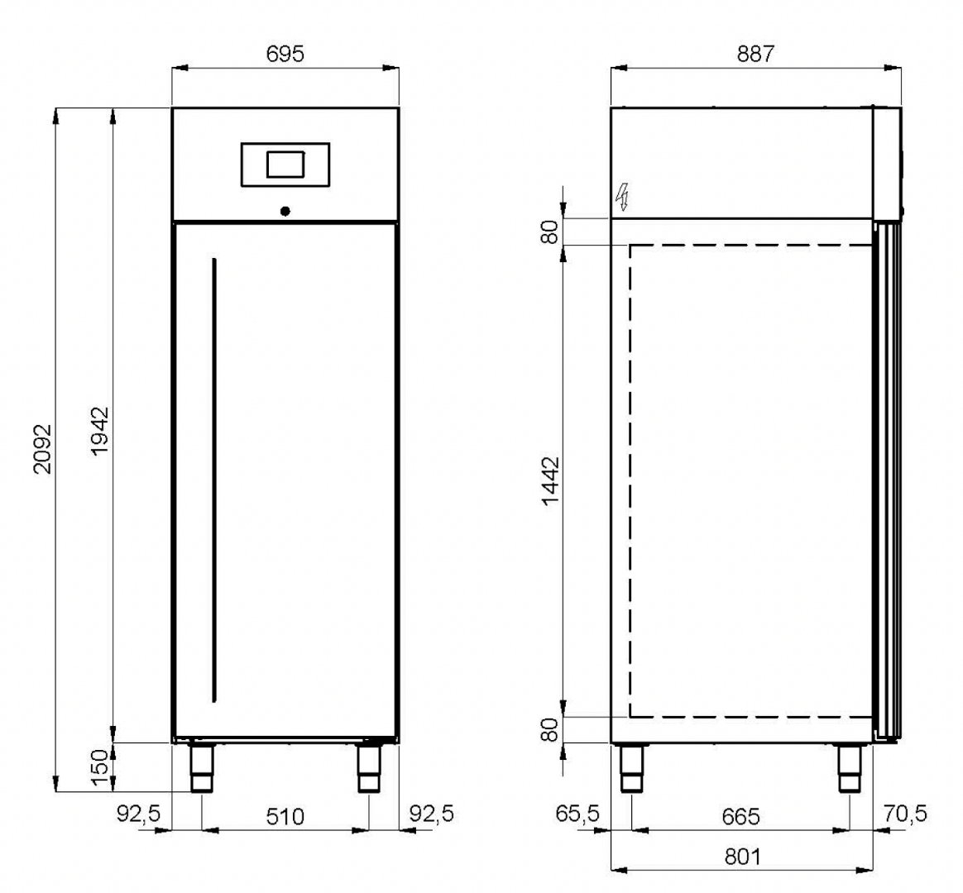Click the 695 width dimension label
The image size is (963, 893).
285,54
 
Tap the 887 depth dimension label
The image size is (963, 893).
755,54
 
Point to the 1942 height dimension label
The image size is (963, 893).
99,431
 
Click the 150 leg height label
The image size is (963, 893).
99,768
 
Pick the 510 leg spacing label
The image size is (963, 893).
285,816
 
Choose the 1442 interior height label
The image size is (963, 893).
551,480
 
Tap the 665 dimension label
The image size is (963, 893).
740,816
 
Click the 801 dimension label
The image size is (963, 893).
742,856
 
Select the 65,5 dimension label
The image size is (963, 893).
577,814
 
